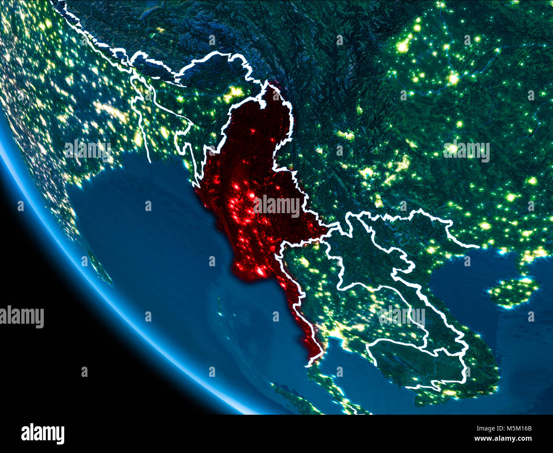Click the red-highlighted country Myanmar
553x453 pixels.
[x=251, y=179]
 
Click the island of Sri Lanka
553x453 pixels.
[x=100, y=268]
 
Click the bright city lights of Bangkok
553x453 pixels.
[x=336, y=330]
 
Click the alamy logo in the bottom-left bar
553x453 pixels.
[x=43, y=434]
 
